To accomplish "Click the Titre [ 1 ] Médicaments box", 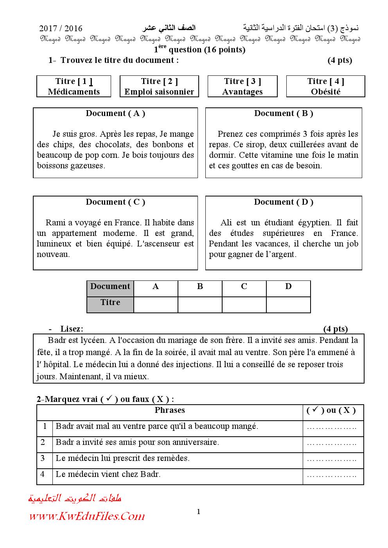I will click(74, 86).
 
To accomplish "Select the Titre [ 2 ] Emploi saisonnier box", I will click(159, 86).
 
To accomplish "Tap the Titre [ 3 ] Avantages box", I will click(242, 86).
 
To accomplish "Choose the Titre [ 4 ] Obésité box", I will click(325, 86).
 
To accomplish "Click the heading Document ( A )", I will click(115, 114).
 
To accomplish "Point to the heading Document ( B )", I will click(284, 114).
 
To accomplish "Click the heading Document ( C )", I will click(115, 202).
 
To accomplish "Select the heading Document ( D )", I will click(284, 202).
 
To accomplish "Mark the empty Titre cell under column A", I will click(156, 305).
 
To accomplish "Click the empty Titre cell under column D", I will click(288, 305).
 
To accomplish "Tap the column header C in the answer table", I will click(244, 287).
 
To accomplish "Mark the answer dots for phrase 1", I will click(332, 428).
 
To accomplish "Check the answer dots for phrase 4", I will click(332, 476).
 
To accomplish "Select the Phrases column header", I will click(170, 411).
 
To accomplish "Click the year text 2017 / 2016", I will click(61, 29).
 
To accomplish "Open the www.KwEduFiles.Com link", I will click(87, 516).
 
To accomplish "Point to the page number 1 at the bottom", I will click(199, 512).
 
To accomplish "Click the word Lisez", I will click(72, 329).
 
